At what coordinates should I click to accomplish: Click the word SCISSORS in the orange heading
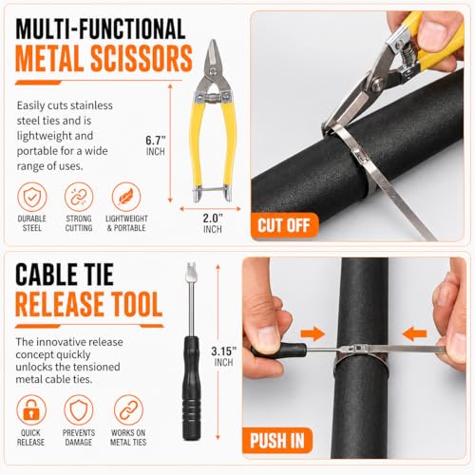coord(142,58)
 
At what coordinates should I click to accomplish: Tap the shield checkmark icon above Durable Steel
coord(31,197)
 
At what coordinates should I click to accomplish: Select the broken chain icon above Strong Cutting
coord(79,197)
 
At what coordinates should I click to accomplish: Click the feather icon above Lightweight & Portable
coord(126,197)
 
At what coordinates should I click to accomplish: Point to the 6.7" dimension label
coord(156,145)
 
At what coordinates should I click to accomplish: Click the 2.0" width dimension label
coord(213,223)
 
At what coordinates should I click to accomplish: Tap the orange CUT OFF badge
coord(284,225)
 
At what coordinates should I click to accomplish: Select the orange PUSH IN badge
coord(277,441)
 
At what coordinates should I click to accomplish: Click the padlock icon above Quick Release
coord(31,409)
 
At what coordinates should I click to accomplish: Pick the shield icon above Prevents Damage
coord(79,409)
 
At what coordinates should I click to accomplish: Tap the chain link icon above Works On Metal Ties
coord(128,409)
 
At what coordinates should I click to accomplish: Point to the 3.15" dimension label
coord(224,356)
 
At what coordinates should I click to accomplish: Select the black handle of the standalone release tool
coord(192,389)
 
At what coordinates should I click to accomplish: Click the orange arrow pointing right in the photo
coord(313,333)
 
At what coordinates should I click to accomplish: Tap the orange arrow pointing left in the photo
coord(414,333)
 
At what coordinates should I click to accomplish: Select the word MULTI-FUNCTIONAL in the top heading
coord(100,28)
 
